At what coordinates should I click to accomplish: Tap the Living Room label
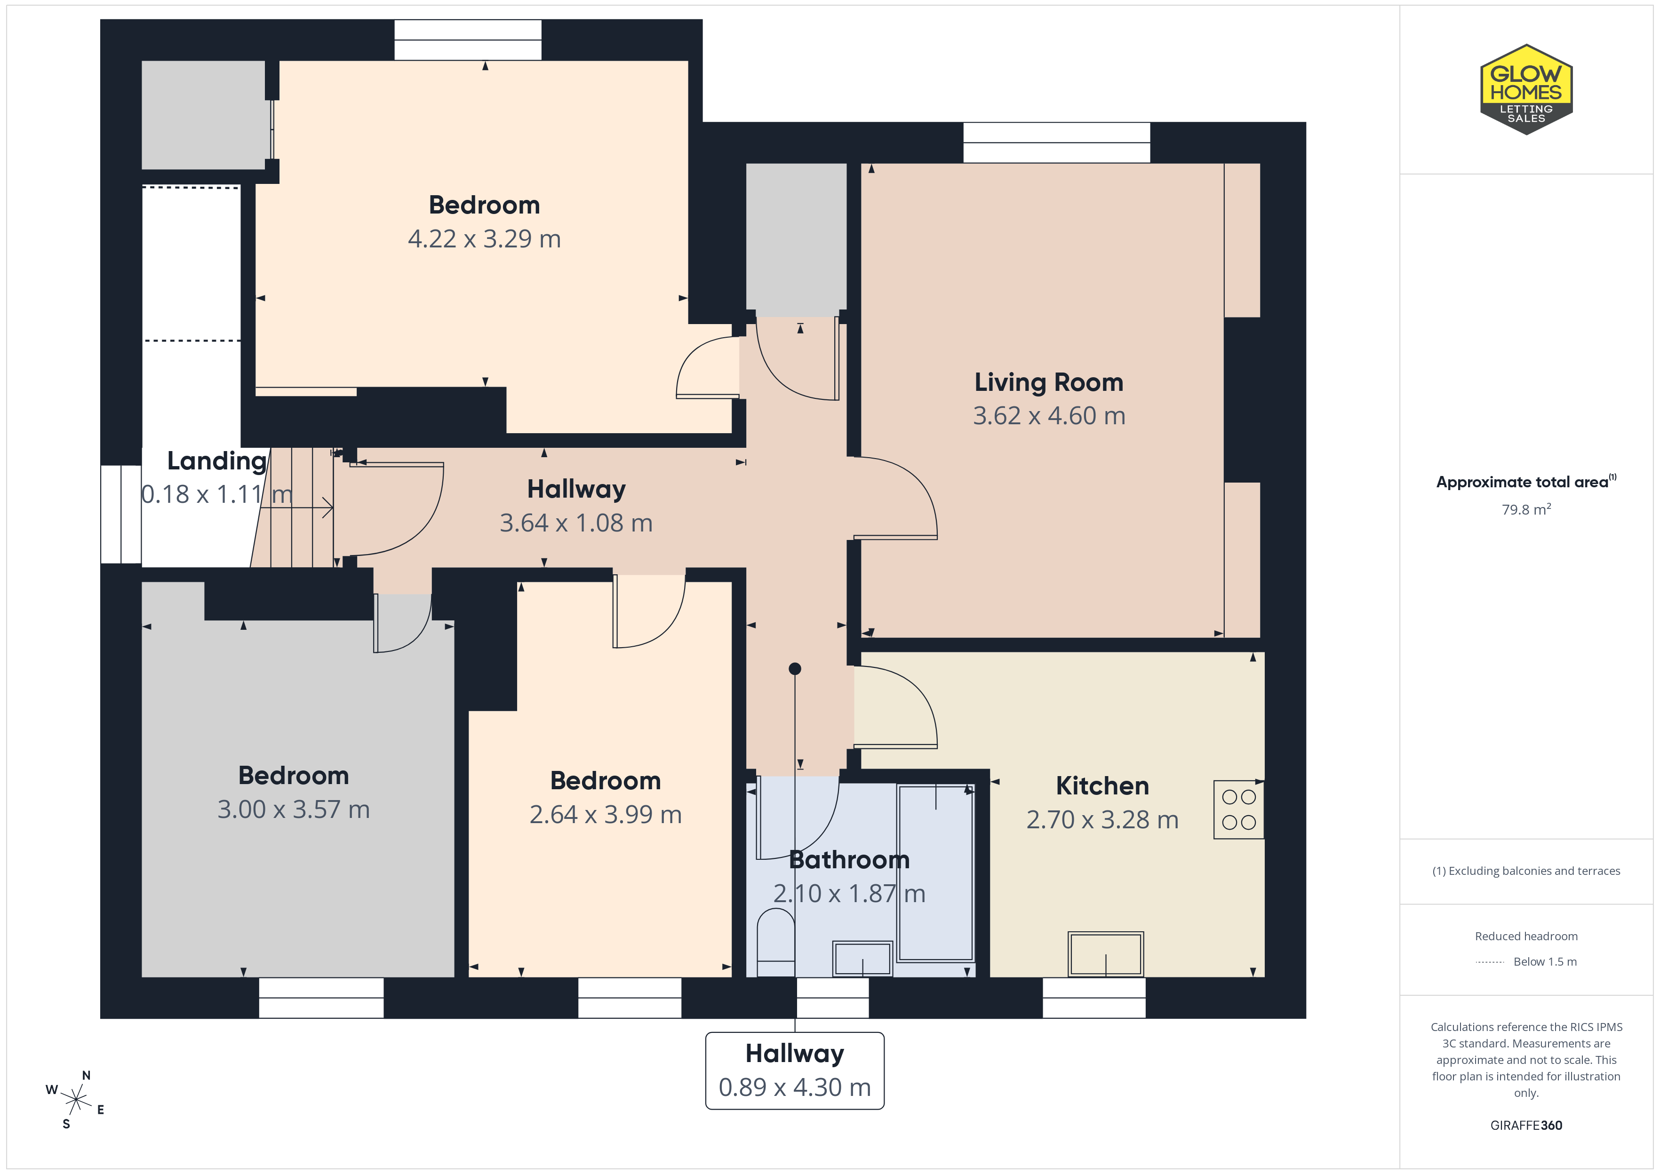coord(1048,382)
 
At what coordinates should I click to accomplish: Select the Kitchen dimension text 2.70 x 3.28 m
coord(1102,820)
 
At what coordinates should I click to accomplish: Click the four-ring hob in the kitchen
coord(1238,809)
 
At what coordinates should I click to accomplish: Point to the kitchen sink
coord(1105,954)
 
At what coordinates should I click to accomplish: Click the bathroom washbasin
coord(862,959)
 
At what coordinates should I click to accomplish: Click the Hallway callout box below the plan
coord(795,1071)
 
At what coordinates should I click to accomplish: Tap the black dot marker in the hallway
coord(795,669)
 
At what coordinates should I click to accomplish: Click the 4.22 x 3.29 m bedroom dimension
coord(485,238)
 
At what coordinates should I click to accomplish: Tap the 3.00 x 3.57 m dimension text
coord(294,809)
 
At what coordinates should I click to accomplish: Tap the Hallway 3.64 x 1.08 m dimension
coord(576,523)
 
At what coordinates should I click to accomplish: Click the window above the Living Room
coord(1056,143)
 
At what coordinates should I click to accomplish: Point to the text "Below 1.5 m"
coord(1545,961)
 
